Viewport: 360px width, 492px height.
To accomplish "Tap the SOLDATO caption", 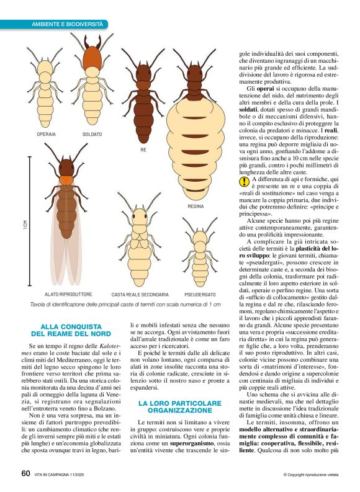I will coord(92,134).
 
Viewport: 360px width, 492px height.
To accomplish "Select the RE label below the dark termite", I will coord(143,150).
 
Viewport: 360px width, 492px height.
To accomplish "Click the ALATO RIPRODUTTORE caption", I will coord(68,294).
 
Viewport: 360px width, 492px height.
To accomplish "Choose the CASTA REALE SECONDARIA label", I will coord(140,294).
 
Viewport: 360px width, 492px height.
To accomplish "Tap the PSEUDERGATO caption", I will coord(200,294).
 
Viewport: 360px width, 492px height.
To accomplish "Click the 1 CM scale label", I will coord(25,226).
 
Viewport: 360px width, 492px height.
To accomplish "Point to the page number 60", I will coord(25,474).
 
